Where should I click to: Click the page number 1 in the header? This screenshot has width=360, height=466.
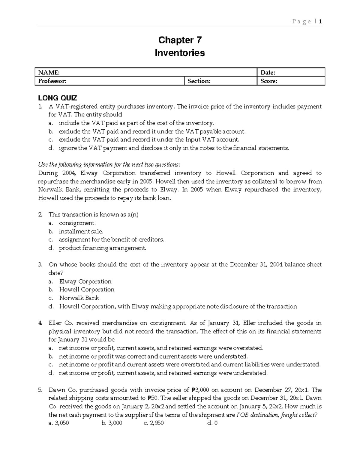[320, 21]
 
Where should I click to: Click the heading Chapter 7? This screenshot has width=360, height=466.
[180, 40]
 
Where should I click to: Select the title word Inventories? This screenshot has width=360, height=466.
[180, 53]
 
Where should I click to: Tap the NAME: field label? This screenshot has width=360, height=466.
[49, 72]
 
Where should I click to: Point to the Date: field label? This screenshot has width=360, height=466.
[268, 72]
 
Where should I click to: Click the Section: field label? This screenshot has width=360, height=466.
[199, 81]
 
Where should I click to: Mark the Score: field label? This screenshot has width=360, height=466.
[269, 81]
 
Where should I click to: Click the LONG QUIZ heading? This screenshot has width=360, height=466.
[57, 98]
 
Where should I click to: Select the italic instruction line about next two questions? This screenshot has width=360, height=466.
[109, 164]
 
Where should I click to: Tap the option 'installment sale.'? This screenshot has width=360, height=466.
[81, 231]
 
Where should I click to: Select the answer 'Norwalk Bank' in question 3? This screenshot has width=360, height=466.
[79, 298]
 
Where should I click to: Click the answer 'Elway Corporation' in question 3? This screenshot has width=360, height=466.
[85, 281]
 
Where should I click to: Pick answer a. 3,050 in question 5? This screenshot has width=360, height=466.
[59, 423]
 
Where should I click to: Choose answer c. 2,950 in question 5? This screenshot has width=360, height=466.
[154, 423]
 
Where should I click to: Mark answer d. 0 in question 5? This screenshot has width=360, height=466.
[212, 423]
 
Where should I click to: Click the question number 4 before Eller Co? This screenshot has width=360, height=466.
[40, 323]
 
